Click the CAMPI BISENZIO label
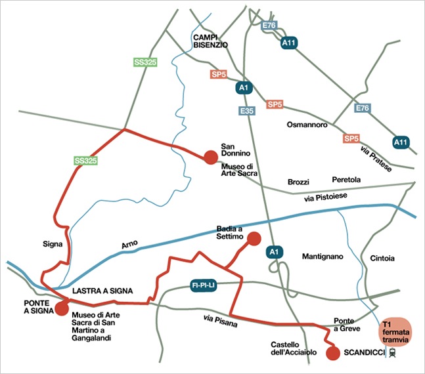coord(210,41)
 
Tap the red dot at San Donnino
coord(210,156)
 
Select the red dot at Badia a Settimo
coord(254,239)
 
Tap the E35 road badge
coord(247,112)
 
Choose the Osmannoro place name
coord(307,125)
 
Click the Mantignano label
coord(323,257)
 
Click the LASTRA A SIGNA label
coord(102,290)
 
